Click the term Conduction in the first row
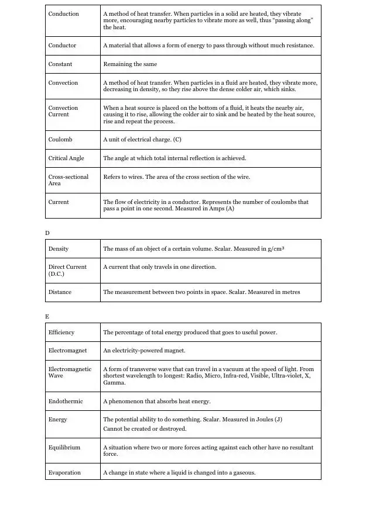63,14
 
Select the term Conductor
63,46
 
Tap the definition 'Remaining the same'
130,64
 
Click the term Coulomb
61,140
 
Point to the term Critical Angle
66,158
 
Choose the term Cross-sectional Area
68,180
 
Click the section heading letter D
47,233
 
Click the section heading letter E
47,317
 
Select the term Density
59,249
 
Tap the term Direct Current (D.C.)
67,271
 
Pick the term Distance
60,292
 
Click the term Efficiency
61,333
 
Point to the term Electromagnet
67,351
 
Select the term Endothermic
66,402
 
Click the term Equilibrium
64,448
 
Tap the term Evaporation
64,473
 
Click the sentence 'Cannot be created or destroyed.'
145,429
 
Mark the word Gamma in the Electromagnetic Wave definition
114,383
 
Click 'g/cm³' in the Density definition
273,249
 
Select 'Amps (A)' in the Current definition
221,209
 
